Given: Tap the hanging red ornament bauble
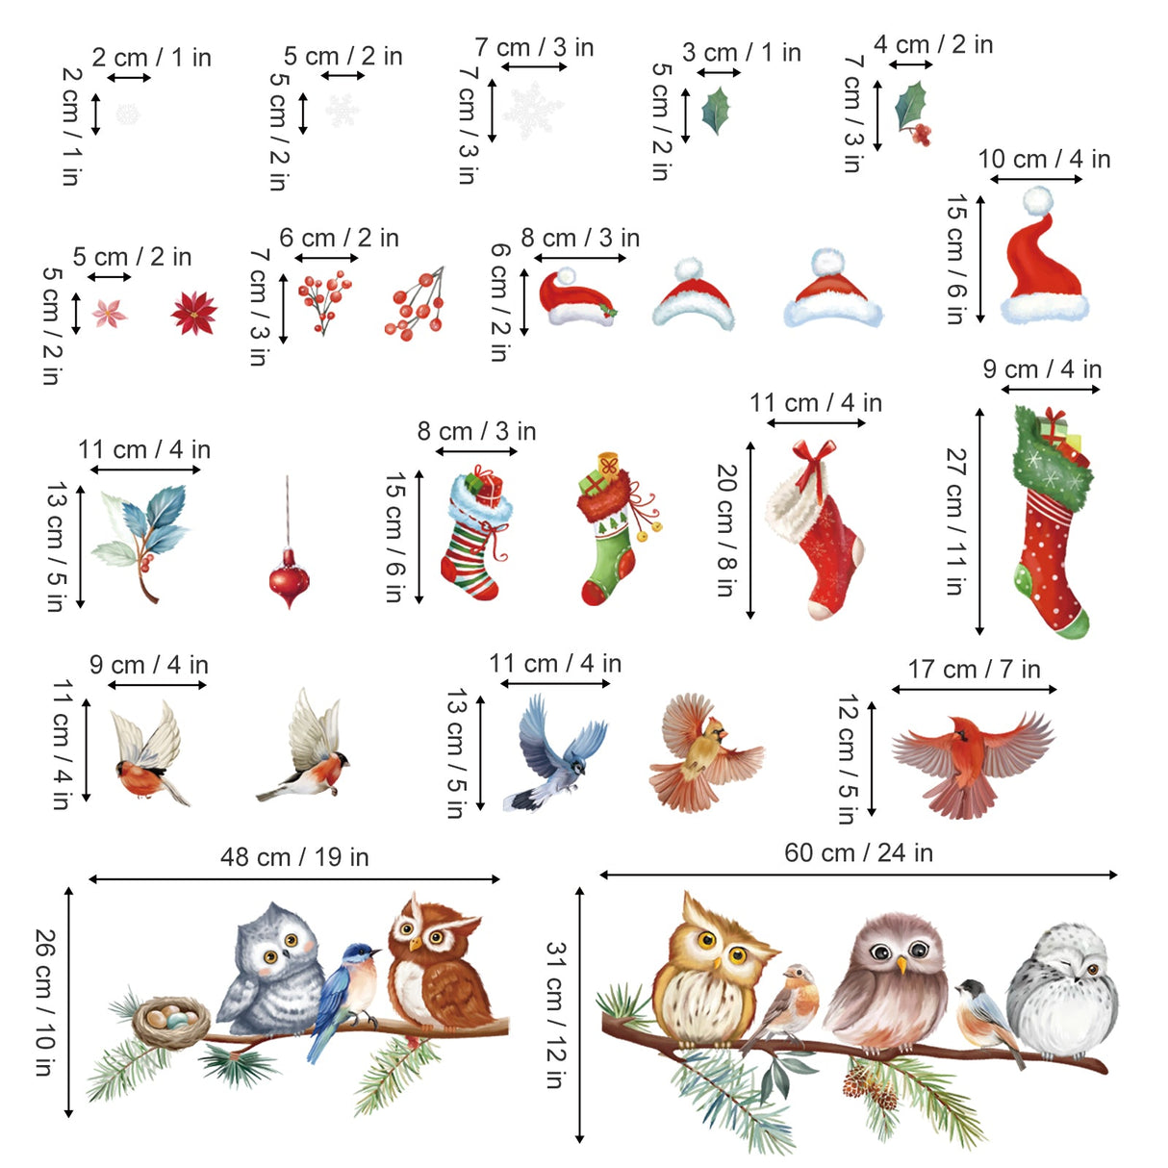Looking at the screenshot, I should (289, 577).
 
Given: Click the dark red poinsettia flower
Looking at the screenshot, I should (194, 313).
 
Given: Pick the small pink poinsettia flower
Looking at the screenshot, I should (109, 314).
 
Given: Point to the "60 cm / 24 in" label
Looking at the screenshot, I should (858, 852).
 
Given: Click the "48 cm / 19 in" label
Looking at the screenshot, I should (294, 857).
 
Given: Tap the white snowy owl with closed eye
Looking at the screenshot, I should (1063, 991).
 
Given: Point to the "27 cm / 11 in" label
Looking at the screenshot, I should (954, 521).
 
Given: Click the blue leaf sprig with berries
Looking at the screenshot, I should (144, 539).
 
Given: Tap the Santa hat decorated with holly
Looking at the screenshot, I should (575, 298).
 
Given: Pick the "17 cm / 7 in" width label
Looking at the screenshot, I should (974, 670).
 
